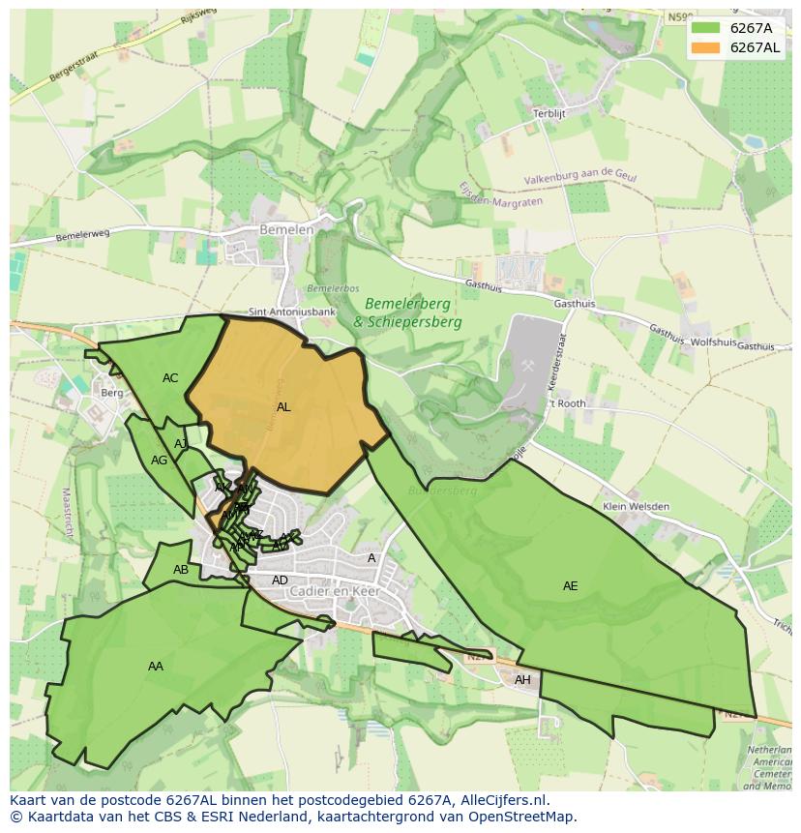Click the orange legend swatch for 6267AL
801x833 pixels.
point(706,47)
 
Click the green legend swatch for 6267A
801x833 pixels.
point(706,28)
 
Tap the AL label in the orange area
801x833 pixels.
point(283,407)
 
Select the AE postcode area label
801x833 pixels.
point(571,586)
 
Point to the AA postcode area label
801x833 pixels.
point(156,667)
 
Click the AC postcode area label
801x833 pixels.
point(170,378)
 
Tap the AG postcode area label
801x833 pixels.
point(159,461)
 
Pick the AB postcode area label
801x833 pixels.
point(181,570)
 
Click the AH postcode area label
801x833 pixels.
point(522,680)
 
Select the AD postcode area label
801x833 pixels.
point(280,580)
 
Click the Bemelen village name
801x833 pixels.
point(286,229)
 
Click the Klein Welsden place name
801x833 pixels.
point(635,506)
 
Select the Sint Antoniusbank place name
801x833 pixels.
point(292,312)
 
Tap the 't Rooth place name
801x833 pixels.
point(568,403)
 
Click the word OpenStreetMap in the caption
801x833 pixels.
point(522,817)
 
